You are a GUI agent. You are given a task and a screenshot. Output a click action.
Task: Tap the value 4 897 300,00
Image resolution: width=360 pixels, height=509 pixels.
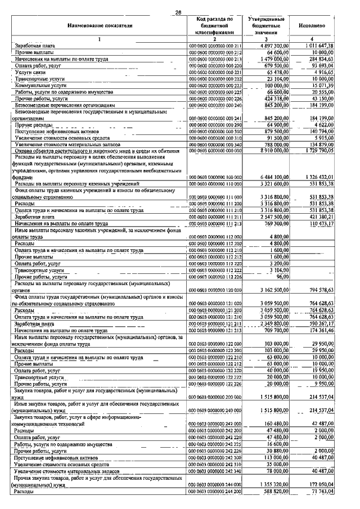(x=272, y=46)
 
